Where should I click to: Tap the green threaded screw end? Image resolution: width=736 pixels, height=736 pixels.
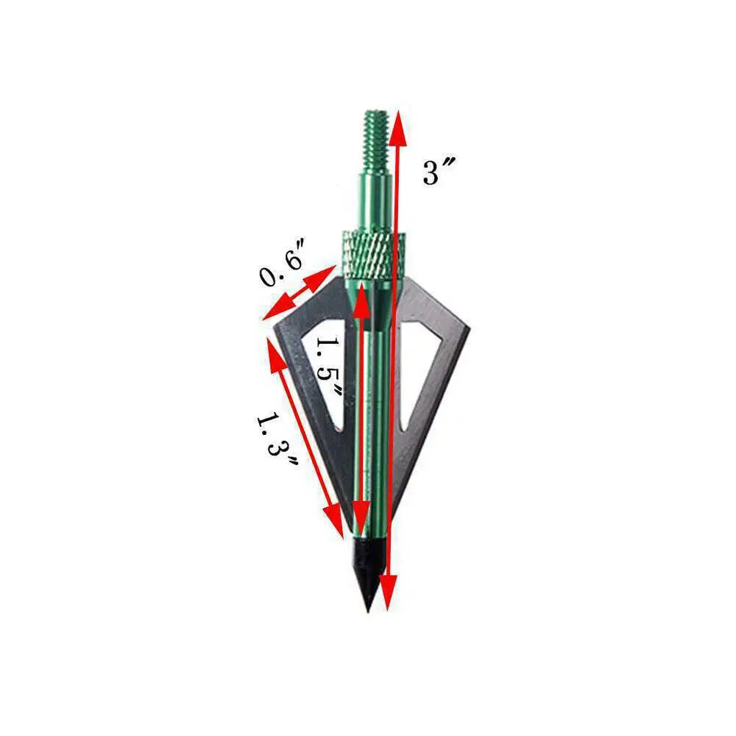[376, 141]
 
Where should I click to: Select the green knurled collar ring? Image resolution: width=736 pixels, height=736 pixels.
[372, 255]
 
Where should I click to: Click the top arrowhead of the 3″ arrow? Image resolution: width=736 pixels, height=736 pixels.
[397, 127]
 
